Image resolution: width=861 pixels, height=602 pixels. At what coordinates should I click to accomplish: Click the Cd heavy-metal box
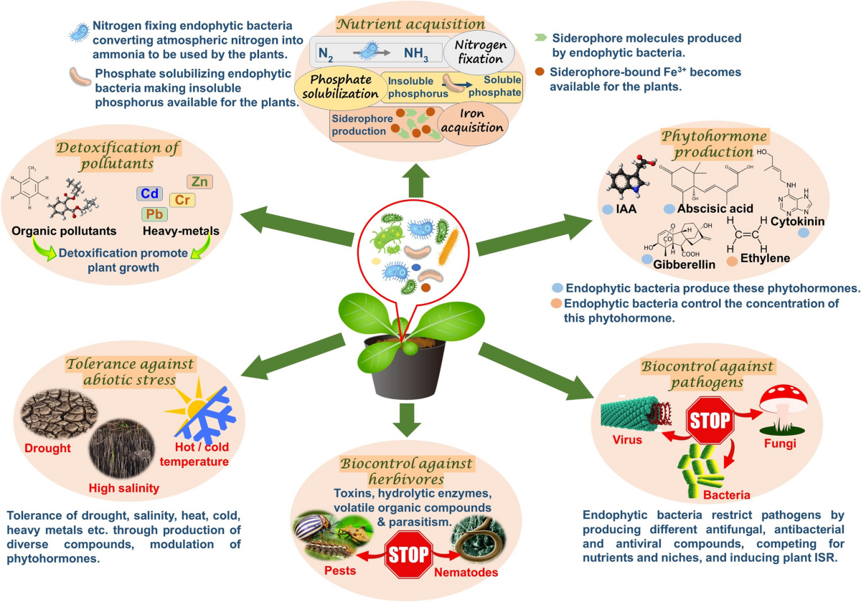[x=150, y=194]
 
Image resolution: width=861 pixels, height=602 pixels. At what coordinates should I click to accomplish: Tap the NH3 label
[x=415, y=54]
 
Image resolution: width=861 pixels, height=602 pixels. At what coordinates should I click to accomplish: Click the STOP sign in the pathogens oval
[x=710, y=421]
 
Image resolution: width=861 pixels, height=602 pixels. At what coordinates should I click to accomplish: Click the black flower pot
[x=406, y=372]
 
